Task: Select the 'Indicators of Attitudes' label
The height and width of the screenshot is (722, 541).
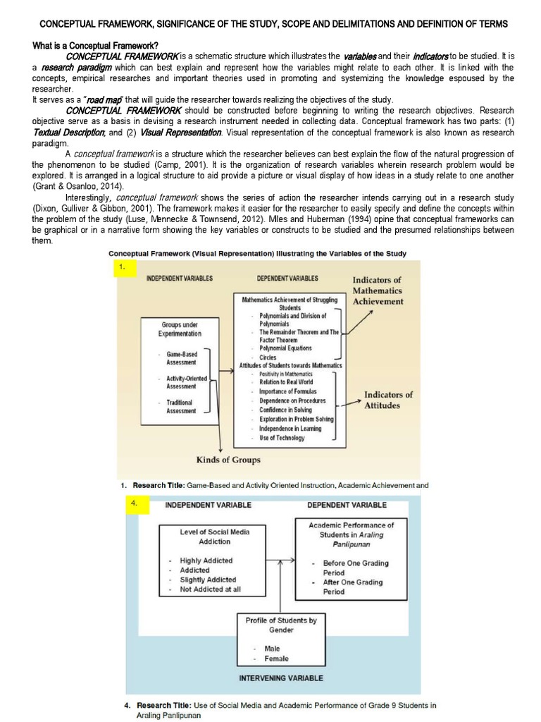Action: [x=388, y=400]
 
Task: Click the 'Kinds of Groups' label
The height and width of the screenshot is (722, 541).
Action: [x=228, y=460]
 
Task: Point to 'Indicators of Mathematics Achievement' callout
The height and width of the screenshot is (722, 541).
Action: [x=378, y=290]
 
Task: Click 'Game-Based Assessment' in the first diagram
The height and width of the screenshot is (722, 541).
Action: [x=181, y=357]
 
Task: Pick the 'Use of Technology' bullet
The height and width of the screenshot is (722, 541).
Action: [x=281, y=438]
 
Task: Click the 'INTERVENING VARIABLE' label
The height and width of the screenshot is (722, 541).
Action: [x=281, y=678]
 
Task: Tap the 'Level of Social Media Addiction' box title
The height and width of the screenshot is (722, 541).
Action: [x=214, y=537]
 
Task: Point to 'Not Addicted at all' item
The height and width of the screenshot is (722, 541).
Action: [x=210, y=589]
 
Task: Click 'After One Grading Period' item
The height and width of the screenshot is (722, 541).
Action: [x=352, y=587]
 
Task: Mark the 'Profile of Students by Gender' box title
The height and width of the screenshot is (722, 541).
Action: [x=281, y=625]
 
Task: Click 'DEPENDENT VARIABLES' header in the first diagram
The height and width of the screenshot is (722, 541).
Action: [x=287, y=279]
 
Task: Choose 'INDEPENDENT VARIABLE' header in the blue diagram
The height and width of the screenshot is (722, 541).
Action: [x=208, y=505]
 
